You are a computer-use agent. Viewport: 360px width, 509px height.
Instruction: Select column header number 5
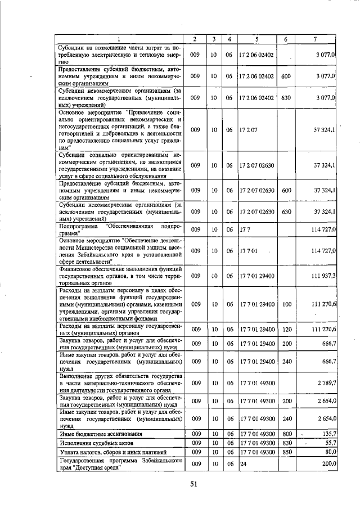click(x=256, y=39)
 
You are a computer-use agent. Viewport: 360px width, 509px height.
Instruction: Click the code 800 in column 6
click(x=286, y=434)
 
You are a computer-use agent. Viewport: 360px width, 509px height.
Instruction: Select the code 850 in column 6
click(x=286, y=452)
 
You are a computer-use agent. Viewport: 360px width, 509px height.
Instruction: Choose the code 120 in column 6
click(x=286, y=329)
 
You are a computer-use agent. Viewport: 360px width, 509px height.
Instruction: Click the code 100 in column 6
click(x=286, y=304)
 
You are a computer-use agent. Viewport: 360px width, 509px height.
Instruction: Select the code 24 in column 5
click(x=243, y=464)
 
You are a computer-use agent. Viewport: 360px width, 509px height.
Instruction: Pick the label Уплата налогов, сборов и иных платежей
click(x=112, y=452)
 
